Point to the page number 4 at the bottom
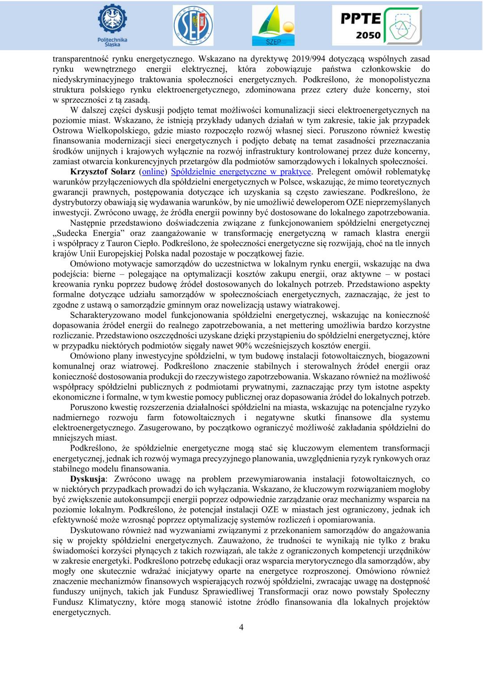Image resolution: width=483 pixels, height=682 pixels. tap(241, 627)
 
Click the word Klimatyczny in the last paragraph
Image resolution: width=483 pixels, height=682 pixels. tap(110, 602)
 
